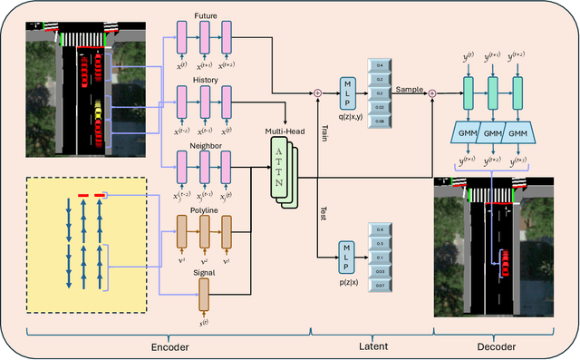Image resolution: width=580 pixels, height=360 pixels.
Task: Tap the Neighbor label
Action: point(207,143)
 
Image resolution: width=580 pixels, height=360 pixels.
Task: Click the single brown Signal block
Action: point(204,292)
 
